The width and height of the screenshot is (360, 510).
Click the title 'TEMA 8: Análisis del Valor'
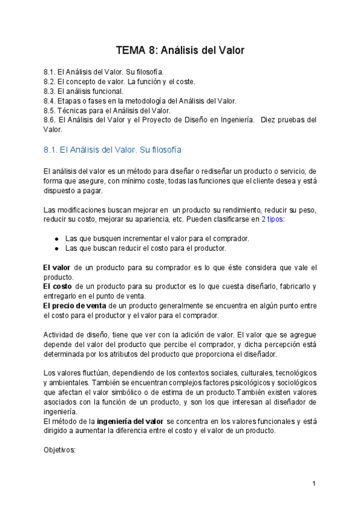coord(180,50)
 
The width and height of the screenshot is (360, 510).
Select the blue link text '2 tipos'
coord(272,220)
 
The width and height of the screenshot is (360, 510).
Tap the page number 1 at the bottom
coord(314,484)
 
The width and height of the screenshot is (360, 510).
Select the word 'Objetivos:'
coord(59,450)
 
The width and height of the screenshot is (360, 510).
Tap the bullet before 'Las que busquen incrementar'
coord(56,239)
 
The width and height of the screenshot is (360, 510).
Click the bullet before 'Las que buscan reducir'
coord(56,248)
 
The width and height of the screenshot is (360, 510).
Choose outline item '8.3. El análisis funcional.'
coord(84,91)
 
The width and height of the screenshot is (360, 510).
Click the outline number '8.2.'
coord(50,81)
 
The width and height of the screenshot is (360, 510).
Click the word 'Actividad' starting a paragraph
coord(59,335)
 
